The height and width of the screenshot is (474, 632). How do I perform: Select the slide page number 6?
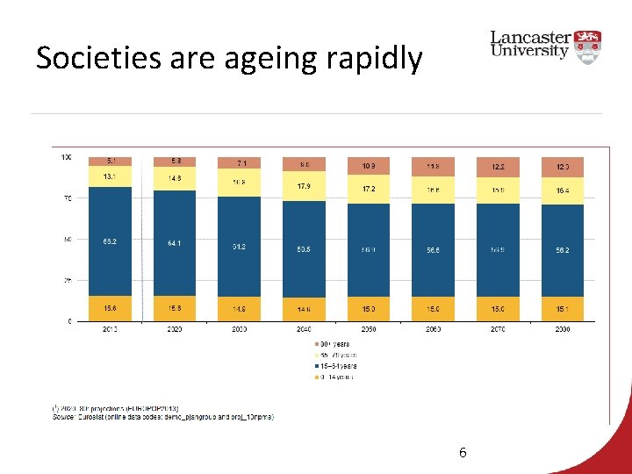463,453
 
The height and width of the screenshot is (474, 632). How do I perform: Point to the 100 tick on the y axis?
66,157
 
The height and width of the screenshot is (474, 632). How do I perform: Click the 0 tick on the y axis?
68,321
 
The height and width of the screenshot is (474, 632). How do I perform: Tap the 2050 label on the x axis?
369,329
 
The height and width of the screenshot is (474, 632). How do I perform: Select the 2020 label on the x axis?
175,329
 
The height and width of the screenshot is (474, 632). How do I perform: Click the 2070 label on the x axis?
498,329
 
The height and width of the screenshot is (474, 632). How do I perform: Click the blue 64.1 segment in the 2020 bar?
175,243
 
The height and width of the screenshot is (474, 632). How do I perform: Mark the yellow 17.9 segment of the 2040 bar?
304,186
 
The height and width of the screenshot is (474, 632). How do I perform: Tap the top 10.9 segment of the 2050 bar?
369,166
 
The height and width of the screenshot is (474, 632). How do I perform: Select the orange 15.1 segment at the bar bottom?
563,308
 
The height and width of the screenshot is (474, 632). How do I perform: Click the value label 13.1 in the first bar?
110,176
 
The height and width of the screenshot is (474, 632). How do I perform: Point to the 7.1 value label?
239,163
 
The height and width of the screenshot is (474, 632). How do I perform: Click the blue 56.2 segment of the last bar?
563,249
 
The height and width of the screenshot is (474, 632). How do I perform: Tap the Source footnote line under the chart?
162,417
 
